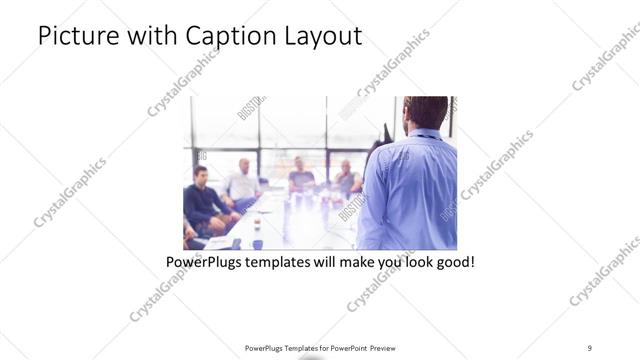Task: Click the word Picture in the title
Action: click(74, 37)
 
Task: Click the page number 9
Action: click(590, 348)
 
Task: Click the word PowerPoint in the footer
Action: click(344, 348)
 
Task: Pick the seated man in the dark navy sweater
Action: click(201, 200)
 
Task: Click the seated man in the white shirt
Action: click(242, 181)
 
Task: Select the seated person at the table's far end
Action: click(301, 175)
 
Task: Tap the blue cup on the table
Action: click(257, 243)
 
